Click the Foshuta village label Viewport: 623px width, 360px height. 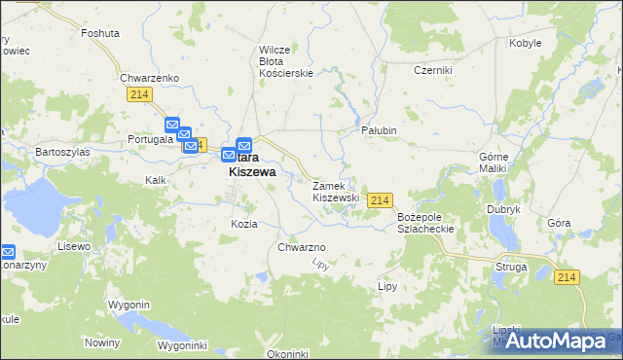pos(101,32)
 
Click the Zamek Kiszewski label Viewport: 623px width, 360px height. pos(336,191)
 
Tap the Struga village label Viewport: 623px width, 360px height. pos(510,266)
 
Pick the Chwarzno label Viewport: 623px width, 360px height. pos(301,247)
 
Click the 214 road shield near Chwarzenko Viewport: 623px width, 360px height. pos(138,93)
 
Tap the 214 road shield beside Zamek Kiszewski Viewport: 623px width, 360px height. pos(381,199)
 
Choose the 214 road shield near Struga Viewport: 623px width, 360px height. pos(568,277)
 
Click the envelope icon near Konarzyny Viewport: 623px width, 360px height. pos(7,251)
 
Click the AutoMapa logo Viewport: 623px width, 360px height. pos(554,341)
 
